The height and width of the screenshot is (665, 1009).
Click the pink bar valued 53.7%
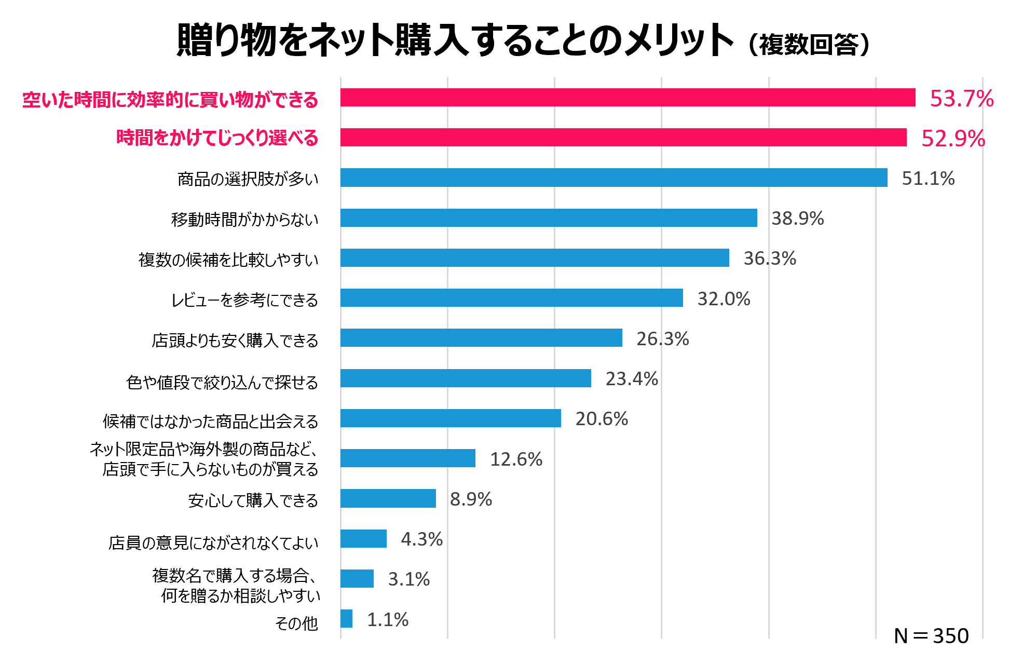(628, 98)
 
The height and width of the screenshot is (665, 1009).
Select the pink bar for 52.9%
(623, 138)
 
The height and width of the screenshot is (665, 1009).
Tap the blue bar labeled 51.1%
(613, 178)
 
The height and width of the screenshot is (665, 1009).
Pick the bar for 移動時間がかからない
(549, 218)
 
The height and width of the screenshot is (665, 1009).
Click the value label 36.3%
(769, 259)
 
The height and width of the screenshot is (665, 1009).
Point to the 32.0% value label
(723, 299)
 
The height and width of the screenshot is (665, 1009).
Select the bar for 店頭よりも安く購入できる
(481, 338)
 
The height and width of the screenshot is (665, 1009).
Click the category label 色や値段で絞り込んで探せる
(222, 383)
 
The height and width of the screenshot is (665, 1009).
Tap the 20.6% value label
(601, 419)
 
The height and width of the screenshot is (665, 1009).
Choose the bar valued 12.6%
(408, 458)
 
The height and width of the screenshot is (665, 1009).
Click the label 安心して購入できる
(253, 500)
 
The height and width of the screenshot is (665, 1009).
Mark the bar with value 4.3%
(363, 539)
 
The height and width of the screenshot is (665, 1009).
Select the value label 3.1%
(408, 579)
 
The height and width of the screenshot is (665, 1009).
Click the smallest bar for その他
(346, 619)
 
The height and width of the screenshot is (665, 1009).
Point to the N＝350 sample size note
(931, 636)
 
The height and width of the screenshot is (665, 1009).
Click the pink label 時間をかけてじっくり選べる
(217, 138)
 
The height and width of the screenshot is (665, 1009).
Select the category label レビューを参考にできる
(244, 300)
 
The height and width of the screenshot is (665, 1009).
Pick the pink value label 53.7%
(961, 99)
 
